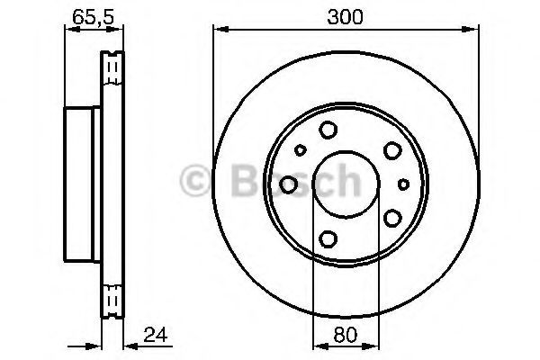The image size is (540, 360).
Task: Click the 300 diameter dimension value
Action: click(x=345, y=17)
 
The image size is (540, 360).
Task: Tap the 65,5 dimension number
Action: click(x=93, y=17)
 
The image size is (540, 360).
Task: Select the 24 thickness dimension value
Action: click(x=156, y=335)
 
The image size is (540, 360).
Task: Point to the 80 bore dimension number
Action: click(x=346, y=335)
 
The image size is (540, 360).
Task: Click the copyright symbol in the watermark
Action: click(x=195, y=180)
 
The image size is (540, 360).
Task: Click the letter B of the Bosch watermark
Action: click(x=246, y=180)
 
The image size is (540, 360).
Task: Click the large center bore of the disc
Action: click(x=346, y=184)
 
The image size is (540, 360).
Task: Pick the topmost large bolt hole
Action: click(x=328, y=130)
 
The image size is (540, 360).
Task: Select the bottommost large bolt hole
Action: click(x=328, y=238)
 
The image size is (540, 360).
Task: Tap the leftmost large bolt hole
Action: click(x=288, y=184)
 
